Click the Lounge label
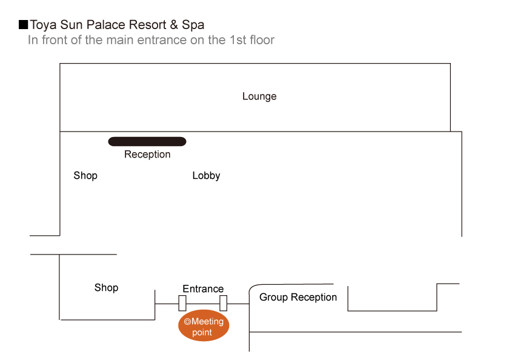[259, 96]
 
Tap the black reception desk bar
[147, 142]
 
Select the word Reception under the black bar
[147, 155]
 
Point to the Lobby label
[206, 176]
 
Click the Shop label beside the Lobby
[85, 176]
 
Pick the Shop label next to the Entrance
[106, 288]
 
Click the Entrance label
[203, 289]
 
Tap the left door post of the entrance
[182, 303]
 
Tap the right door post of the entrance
[223, 303]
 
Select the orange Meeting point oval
[204, 327]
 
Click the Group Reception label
[298, 297]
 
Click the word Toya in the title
[42, 25]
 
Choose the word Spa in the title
[193, 25]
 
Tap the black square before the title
[24, 25]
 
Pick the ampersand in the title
[173, 25]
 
